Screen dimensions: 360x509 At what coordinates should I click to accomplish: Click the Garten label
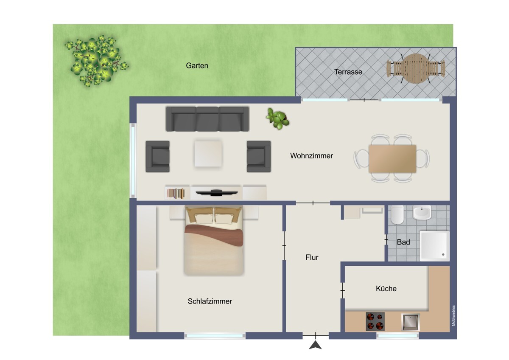pos(197,66)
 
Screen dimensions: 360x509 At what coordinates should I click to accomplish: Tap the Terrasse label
pos(348,72)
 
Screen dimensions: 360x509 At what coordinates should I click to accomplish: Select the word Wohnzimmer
pos(311,156)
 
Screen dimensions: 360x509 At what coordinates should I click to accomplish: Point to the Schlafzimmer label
pos(210,301)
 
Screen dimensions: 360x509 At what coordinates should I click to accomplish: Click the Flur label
pos(312,257)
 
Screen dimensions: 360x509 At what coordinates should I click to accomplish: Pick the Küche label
pos(386,289)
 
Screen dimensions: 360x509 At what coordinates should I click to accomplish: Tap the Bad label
pos(403,242)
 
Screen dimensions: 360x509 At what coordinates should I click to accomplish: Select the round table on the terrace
pos(416,68)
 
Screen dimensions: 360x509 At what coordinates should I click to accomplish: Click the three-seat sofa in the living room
pos(207,119)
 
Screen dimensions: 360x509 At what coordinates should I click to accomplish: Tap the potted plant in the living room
pos(278,118)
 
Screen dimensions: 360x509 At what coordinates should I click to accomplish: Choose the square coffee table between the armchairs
pos(208,153)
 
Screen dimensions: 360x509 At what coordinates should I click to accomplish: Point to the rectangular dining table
pos(392,158)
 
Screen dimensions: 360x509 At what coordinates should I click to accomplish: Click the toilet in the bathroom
pos(397,215)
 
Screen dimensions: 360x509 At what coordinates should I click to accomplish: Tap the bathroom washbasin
pos(422,213)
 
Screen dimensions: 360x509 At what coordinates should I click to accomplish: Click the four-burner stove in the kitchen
pos(375,321)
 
